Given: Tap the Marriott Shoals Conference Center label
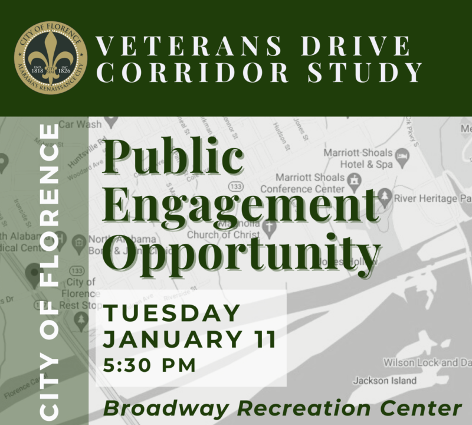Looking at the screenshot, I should pyautogui.click(x=302, y=183).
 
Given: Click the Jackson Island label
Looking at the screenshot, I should pyautogui.click(x=384, y=381).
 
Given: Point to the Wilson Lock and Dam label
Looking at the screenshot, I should pyautogui.click(x=427, y=362).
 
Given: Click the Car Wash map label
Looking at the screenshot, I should pyautogui.click(x=80, y=125).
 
